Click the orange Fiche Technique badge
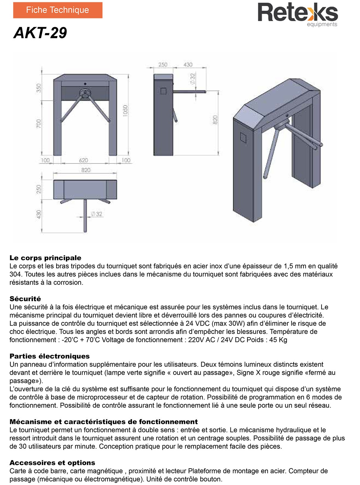click(x=57, y=10)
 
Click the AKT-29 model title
click(x=40, y=33)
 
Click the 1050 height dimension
click(x=125, y=111)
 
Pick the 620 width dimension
click(x=83, y=160)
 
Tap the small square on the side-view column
click(x=163, y=91)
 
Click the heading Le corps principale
click(x=45, y=258)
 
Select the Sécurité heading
click(x=25, y=299)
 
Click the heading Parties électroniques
click(x=49, y=356)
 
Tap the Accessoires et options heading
click(x=52, y=463)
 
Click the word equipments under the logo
click(x=322, y=24)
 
